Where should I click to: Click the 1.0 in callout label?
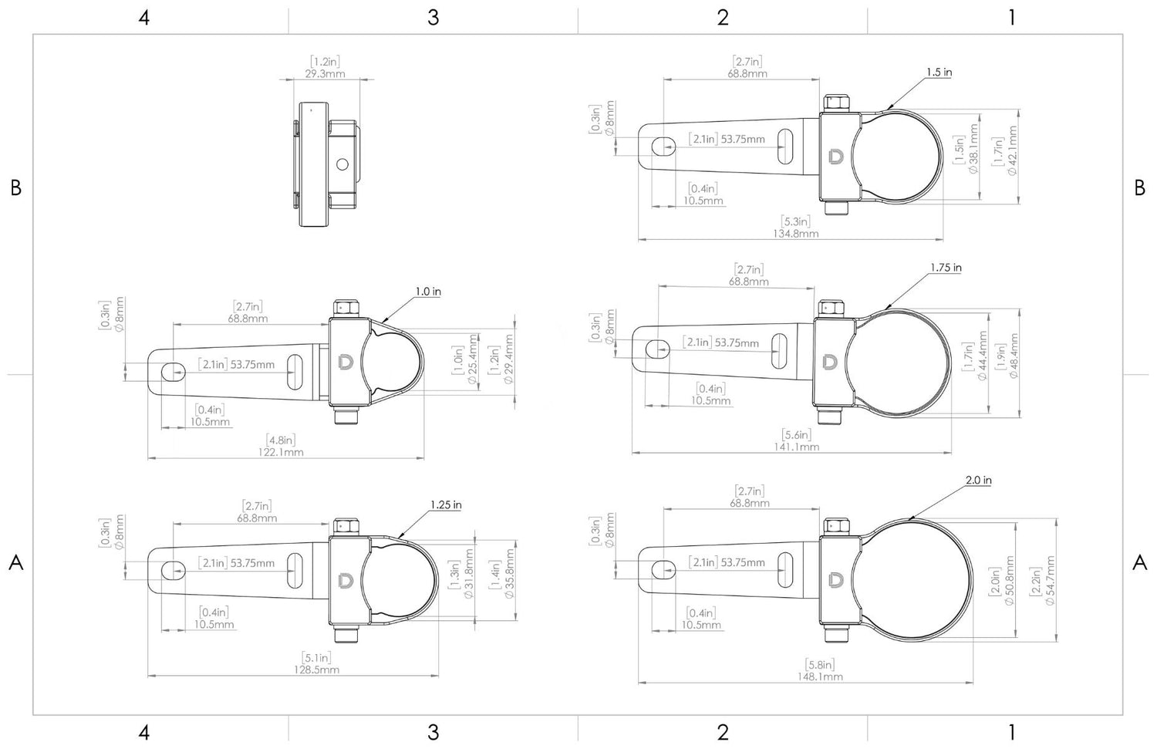point(428,292)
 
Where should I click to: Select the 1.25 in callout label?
point(446,504)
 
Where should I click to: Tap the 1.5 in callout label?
point(939,72)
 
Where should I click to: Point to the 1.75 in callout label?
point(946,268)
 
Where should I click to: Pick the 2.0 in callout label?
point(978,480)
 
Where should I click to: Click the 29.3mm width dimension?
point(325,74)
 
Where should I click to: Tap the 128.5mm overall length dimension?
point(316,670)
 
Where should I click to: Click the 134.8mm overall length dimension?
point(795,233)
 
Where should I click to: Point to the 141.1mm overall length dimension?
point(796,447)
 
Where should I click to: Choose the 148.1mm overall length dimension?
point(819,676)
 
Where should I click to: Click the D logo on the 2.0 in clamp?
point(835,579)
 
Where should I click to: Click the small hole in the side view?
point(342,164)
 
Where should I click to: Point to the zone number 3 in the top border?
point(433,18)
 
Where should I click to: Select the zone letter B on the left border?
point(15,187)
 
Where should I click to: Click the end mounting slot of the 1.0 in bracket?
point(172,373)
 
